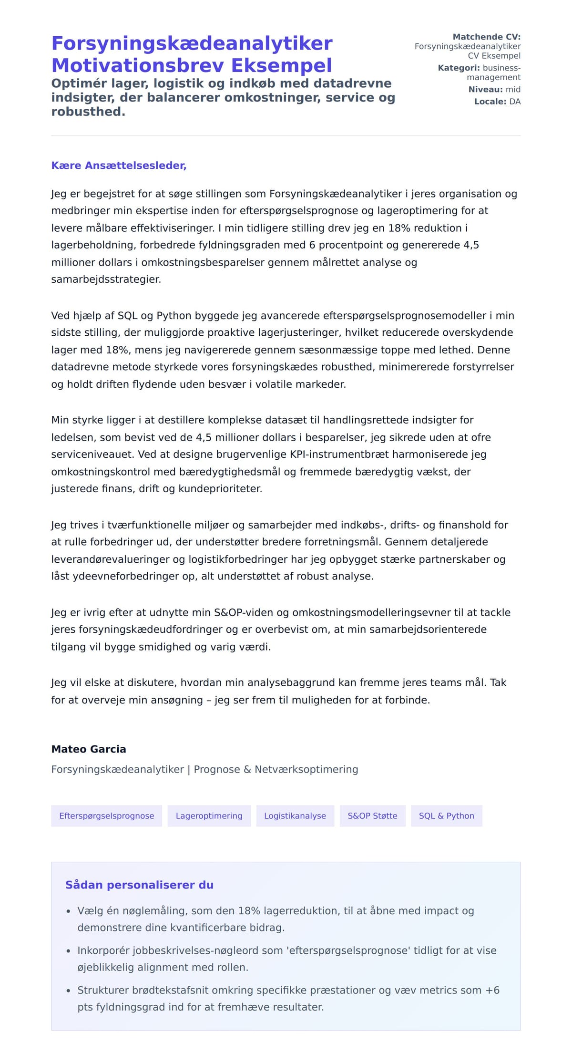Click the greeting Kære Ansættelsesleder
point(119,165)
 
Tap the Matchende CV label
point(486,37)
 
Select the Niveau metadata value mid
point(513,89)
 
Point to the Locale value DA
point(515,102)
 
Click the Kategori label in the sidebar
point(459,68)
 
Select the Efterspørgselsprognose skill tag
point(106,816)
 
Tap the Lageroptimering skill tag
point(209,816)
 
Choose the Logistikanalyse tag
point(295,816)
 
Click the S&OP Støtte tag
point(372,816)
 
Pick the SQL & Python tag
point(446,816)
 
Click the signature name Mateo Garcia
point(89,749)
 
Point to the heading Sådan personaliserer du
point(139,885)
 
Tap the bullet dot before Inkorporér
point(68,951)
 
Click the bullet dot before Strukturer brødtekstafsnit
point(68,991)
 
